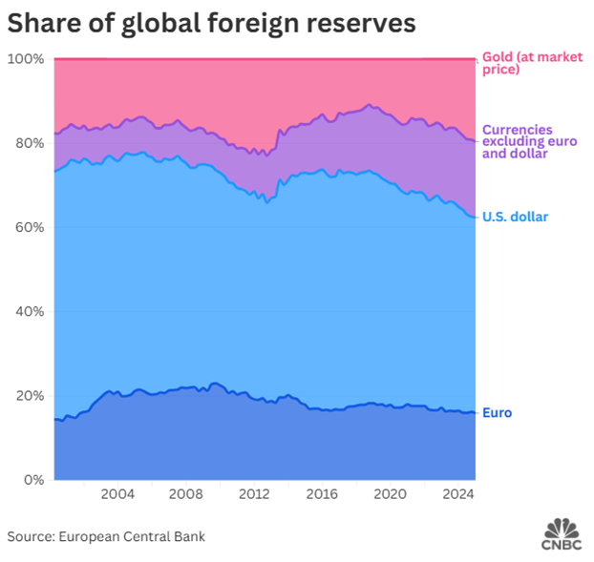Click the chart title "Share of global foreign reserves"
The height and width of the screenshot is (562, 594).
click(211, 23)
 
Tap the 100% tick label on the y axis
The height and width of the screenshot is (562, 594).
click(26, 59)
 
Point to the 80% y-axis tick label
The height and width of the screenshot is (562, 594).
click(29, 143)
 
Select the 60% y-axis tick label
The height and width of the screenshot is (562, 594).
click(29, 227)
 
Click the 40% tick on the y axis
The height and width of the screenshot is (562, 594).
click(29, 311)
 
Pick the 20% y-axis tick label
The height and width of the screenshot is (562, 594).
click(29, 395)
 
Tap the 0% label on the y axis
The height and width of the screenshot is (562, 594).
click(32, 479)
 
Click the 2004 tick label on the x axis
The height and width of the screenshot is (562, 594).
click(117, 494)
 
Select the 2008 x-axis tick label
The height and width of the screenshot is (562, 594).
click(185, 494)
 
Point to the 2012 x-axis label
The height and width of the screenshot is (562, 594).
click(253, 494)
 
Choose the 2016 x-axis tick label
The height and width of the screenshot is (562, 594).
click(321, 494)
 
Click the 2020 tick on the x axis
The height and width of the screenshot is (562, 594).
click(389, 494)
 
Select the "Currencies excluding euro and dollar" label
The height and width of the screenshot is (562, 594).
click(530, 141)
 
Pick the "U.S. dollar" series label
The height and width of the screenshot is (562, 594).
click(516, 218)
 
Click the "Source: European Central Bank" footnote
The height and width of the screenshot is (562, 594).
click(106, 536)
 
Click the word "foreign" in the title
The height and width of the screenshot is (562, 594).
click(255, 23)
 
